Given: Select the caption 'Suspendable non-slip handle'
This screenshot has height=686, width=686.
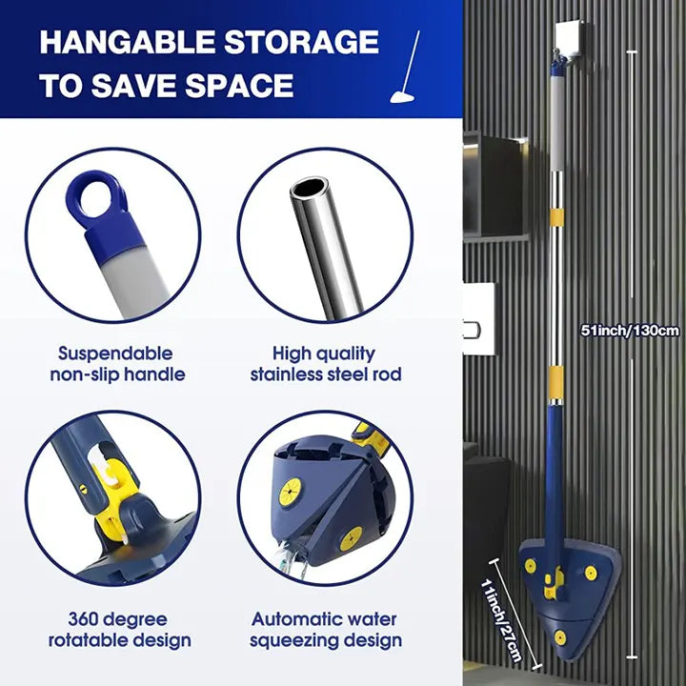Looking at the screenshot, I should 117,364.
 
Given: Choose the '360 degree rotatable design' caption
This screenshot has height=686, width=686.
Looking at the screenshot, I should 119,629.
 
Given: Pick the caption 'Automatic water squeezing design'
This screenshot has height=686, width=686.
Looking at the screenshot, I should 325,629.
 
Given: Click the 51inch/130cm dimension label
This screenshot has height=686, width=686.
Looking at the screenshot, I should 630,331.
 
